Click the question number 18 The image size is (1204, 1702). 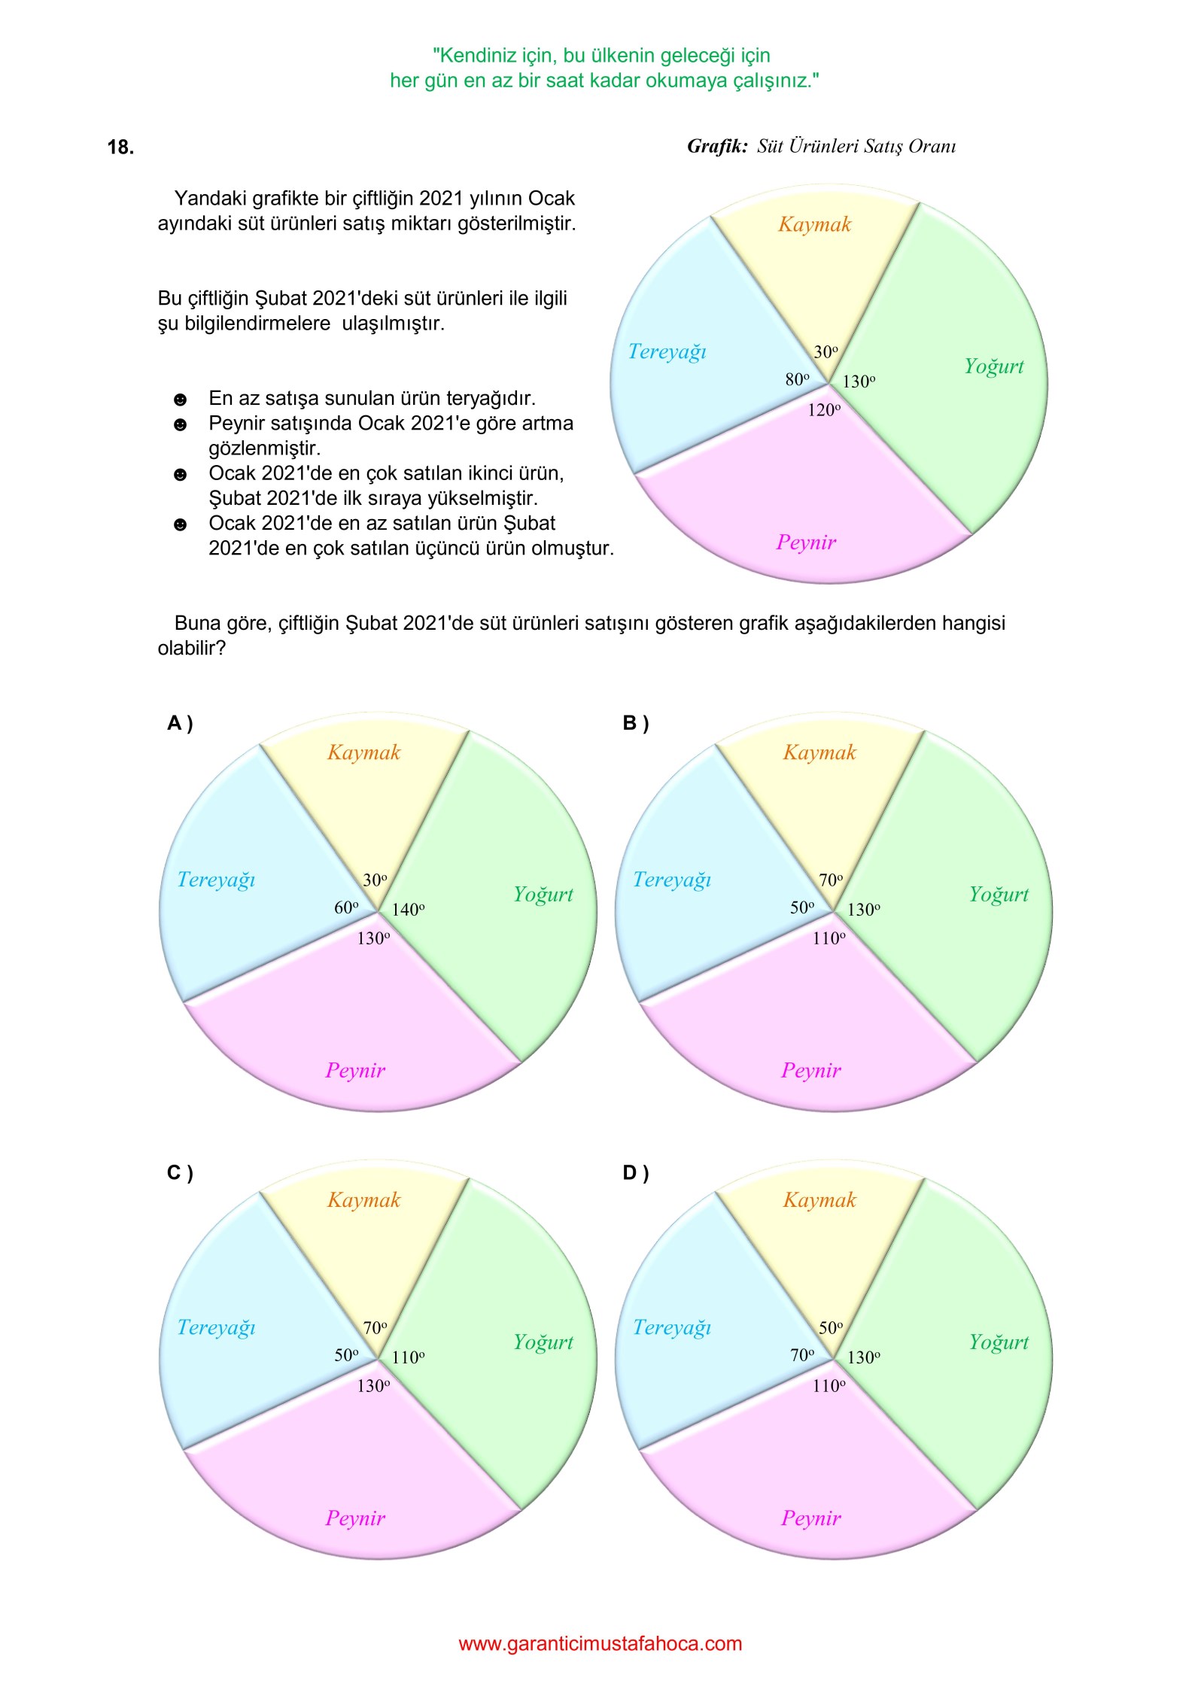[120, 147]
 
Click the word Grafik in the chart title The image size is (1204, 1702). [716, 147]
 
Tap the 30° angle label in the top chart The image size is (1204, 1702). [825, 352]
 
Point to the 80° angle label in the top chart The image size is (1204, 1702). [798, 379]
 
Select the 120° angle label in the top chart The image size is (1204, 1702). [824, 410]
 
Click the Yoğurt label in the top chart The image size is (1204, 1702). [994, 366]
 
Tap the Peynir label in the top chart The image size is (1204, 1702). [806, 543]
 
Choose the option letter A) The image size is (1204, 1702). [180, 723]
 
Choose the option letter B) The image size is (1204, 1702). [635, 723]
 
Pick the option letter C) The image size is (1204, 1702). [180, 1173]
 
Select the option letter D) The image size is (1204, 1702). [635, 1173]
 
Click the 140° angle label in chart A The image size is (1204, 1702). [408, 910]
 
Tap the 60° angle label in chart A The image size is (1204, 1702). [346, 907]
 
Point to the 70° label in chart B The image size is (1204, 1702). [831, 880]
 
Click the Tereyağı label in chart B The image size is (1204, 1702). [672, 880]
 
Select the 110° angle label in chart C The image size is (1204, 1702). [408, 1358]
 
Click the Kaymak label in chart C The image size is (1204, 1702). [363, 1200]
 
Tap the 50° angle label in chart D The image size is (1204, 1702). [831, 1328]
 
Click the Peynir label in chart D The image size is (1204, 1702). [810, 1518]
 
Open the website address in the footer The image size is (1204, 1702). [600, 1644]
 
